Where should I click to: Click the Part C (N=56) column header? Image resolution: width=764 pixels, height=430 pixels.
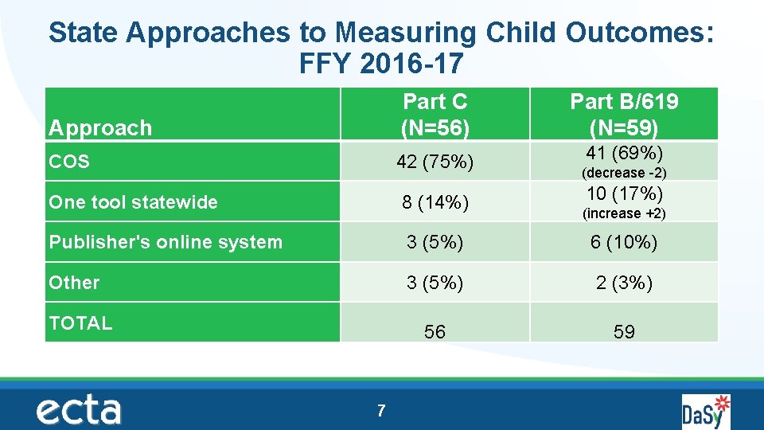tap(435, 114)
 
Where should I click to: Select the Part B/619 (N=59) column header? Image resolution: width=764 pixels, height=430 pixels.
tap(624, 114)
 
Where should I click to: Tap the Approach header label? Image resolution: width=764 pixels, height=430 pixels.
tap(100, 127)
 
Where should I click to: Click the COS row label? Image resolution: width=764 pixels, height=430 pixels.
tap(69, 162)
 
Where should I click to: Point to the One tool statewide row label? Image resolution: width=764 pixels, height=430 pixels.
tap(133, 202)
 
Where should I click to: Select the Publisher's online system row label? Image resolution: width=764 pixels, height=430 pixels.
tap(166, 242)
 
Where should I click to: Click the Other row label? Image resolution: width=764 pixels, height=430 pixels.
tap(74, 283)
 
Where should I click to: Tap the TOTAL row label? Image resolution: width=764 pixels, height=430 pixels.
tap(80, 322)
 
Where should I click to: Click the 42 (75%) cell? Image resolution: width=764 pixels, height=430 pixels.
tap(435, 162)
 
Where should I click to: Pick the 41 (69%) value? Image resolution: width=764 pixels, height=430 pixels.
tap(624, 153)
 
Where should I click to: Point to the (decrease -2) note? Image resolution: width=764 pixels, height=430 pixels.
tap(624, 173)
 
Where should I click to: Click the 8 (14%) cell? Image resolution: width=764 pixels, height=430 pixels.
tap(435, 203)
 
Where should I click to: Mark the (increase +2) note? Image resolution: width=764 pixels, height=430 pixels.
tap(624, 213)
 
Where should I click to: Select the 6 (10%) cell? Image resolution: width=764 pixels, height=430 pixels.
tap(624, 243)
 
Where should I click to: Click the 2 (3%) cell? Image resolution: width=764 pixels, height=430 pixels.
tap(624, 283)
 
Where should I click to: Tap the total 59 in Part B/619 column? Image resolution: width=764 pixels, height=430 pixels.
tap(624, 332)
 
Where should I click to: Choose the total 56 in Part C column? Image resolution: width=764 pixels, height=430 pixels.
tap(435, 332)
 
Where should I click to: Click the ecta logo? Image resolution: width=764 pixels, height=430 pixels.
tap(79, 410)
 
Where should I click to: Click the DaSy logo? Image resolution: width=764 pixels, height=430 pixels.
tap(705, 412)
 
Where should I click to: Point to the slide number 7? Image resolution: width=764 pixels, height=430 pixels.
tap(381, 411)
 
